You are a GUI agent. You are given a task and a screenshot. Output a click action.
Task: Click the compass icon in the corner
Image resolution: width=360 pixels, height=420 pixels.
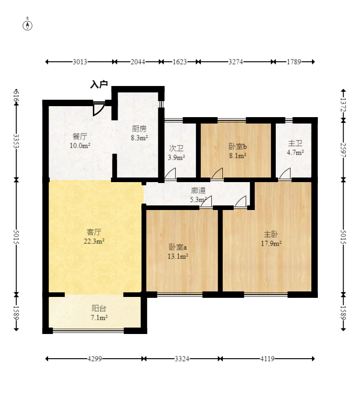click(27, 24)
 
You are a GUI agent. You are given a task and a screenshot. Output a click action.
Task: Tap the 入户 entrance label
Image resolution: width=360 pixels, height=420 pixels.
click(99, 84)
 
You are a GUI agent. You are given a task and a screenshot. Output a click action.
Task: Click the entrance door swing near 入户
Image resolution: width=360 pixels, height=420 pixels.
click(98, 109)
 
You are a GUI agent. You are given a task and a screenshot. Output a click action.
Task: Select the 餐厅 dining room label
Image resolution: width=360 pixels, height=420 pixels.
click(80, 137)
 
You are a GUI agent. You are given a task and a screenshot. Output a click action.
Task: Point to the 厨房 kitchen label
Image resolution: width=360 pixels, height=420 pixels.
click(139, 129)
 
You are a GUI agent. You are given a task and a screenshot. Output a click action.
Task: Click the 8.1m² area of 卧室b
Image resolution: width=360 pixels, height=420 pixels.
click(237, 156)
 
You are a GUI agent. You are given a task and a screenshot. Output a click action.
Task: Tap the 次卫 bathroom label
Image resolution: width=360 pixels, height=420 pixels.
click(176, 148)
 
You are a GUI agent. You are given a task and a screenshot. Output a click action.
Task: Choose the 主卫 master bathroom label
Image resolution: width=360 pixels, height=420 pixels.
click(295, 143)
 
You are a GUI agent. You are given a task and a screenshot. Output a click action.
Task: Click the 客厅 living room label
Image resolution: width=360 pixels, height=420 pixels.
click(94, 232)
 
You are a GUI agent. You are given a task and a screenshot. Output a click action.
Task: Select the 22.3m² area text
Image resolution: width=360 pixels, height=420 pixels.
click(94, 241)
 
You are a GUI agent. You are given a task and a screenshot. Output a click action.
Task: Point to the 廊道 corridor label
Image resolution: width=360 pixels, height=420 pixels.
click(199, 190)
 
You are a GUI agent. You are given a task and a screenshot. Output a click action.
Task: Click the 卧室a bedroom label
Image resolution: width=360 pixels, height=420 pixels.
click(177, 247)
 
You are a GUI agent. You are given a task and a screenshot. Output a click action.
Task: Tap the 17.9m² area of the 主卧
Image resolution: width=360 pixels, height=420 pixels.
click(271, 243)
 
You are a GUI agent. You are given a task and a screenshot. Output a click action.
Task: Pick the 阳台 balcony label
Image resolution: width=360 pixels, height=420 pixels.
click(99, 308)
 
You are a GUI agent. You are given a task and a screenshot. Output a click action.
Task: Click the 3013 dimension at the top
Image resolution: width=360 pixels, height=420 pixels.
click(80, 62)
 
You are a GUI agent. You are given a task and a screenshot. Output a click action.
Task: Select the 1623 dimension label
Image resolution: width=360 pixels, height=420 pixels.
click(180, 62)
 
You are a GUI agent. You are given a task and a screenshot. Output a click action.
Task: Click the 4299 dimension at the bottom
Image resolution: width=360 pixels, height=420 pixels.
click(95, 359)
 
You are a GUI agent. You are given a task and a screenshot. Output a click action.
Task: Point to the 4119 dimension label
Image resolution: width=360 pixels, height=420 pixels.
click(267, 359)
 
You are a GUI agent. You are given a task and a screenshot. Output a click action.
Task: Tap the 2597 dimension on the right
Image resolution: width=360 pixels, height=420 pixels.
click(344, 150)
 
